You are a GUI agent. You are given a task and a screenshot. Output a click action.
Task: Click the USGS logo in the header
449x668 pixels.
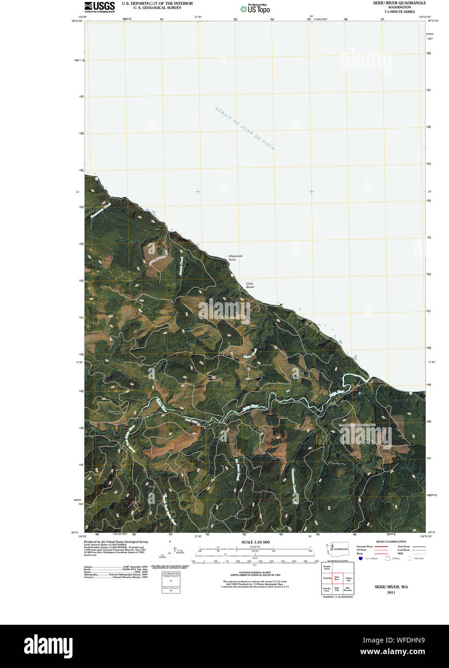pyautogui.click(x=99, y=7)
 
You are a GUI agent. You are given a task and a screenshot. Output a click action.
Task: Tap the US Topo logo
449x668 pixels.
pyautogui.click(x=255, y=9)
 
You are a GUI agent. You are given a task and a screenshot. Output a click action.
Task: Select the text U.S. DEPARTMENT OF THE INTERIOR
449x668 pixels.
pyautogui.click(x=157, y=3)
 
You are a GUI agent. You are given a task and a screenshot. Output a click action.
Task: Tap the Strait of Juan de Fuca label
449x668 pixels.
pyautogui.click(x=244, y=129)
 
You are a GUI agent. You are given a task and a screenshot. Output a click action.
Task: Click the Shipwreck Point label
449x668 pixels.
pyautogui.click(x=235, y=258)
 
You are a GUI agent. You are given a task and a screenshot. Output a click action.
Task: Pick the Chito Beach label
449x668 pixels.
pyautogui.click(x=250, y=285)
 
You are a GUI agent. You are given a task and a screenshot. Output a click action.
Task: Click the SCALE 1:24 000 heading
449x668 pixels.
pyautogui.click(x=255, y=542)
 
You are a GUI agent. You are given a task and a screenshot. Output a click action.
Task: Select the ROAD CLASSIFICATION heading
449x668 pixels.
pyautogui.click(x=391, y=542)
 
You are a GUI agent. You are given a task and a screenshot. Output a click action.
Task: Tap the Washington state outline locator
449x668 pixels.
pyautogui.click(x=337, y=548)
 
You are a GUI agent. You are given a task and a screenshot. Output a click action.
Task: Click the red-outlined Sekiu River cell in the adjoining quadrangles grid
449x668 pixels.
pyautogui.click(x=337, y=578)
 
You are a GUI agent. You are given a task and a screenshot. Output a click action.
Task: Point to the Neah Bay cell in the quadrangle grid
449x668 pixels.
pyautogui.click(x=327, y=578)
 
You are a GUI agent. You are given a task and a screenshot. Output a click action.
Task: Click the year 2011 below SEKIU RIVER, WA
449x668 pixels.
pyautogui.click(x=391, y=593)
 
